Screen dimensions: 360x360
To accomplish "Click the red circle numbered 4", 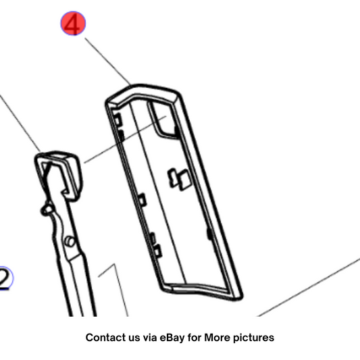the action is coord(73,24).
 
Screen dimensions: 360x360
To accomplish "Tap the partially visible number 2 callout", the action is coord(5,278).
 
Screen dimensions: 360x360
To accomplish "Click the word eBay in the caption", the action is coord(172,338).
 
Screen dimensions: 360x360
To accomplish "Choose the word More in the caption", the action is coord(217,338).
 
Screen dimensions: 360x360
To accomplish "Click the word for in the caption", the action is coord(195,338).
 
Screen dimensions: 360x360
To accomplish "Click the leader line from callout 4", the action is coord(107,61).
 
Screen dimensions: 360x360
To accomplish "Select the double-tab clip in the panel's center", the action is coord(179,180).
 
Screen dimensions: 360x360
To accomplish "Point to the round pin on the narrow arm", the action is coord(70,241).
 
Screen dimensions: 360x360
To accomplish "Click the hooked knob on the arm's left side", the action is coord(47,209).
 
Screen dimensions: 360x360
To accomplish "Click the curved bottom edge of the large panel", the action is coord(202,291).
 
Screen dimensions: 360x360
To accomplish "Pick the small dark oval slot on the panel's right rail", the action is coord(209,234).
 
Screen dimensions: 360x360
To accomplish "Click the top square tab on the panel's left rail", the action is coord(118,119).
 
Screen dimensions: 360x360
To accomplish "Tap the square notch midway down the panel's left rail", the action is coord(142,199).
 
